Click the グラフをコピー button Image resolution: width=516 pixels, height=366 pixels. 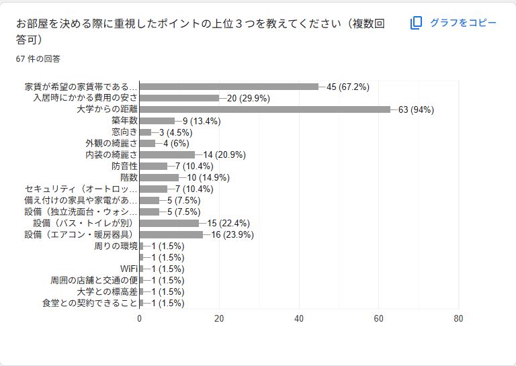coord(454,23)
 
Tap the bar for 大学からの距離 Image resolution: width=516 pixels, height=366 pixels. coord(265,109)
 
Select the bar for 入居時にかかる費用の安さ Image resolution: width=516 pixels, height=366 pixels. coord(179,98)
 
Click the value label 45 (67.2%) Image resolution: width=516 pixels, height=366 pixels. coord(348,87)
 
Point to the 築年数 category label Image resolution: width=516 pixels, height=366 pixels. coord(124,121)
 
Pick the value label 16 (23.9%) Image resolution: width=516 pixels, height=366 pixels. coord(233,235)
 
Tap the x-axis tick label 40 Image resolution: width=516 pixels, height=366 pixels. coord(299,319)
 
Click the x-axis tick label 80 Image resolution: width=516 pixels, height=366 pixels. coord(459,319)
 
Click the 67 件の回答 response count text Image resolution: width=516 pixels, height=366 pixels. coord(38,59)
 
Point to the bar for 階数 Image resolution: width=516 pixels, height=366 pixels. coord(159,178)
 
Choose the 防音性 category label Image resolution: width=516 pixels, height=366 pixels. coord(124,167)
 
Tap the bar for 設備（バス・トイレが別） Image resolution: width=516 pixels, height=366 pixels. coord(169,224)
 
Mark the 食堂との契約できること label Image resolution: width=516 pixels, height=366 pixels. coord(89,304)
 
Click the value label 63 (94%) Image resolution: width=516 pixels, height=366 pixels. coord(416,109)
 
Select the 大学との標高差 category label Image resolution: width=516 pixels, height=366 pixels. coord(107,292)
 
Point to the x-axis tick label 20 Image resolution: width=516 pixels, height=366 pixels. coord(219,319)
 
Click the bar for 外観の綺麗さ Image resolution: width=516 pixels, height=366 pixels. coord(147,144)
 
